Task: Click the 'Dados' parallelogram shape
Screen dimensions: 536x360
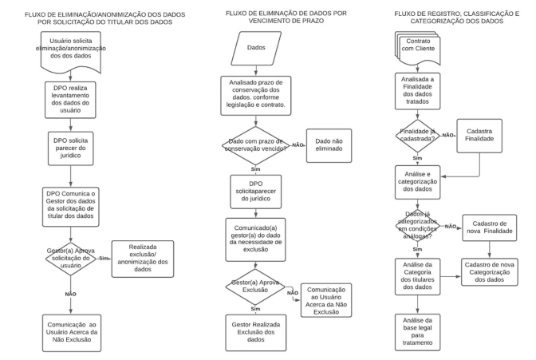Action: (256, 48)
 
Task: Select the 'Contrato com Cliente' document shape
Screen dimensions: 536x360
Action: (417, 48)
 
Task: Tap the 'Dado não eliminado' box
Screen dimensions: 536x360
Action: (329, 145)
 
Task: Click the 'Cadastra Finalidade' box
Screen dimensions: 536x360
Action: (479, 136)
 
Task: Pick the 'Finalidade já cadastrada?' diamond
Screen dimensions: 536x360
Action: (417, 136)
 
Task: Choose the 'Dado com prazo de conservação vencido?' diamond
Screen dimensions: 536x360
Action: (256, 146)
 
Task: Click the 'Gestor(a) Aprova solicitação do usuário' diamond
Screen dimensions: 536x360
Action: (71, 259)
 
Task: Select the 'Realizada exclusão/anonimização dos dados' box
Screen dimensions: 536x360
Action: (143, 259)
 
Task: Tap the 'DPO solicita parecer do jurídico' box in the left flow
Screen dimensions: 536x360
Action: (70, 148)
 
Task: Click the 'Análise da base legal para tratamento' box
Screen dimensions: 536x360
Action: (417, 332)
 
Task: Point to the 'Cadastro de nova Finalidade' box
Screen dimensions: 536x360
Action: (490, 227)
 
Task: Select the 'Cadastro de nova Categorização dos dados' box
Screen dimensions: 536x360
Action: (490, 272)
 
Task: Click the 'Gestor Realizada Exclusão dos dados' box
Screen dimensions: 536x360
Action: (256, 333)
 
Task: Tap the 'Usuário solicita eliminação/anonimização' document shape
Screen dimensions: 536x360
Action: (71, 51)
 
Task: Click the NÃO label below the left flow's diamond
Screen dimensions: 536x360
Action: (71, 294)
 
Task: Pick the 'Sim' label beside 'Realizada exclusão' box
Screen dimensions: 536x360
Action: (103, 259)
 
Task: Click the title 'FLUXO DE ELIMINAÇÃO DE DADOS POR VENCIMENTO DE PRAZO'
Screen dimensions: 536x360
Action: (286, 17)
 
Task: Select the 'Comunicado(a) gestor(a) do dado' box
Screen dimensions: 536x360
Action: (255, 239)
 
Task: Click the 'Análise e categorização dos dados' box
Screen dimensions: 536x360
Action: (417, 182)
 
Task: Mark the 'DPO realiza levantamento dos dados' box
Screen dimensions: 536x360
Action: (70, 100)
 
